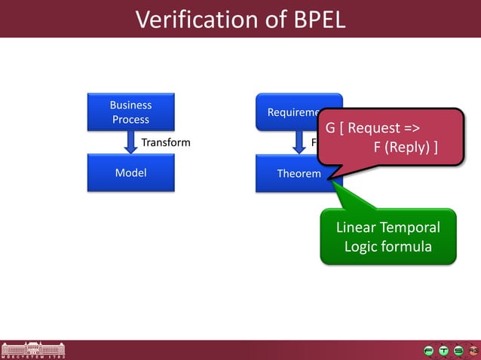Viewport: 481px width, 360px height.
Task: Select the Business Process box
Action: point(130,112)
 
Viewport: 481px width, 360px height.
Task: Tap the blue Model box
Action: point(130,173)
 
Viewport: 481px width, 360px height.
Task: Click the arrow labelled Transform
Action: point(130,142)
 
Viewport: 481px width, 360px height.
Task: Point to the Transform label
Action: point(166,142)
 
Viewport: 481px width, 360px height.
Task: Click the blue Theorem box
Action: point(298,174)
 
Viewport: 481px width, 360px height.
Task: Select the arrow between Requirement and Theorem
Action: point(299,142)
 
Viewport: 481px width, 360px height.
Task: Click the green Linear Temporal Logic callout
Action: point(388,236)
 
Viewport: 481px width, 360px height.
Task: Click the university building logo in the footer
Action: point(33,349)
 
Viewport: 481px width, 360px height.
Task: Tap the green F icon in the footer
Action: point(429,350)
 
